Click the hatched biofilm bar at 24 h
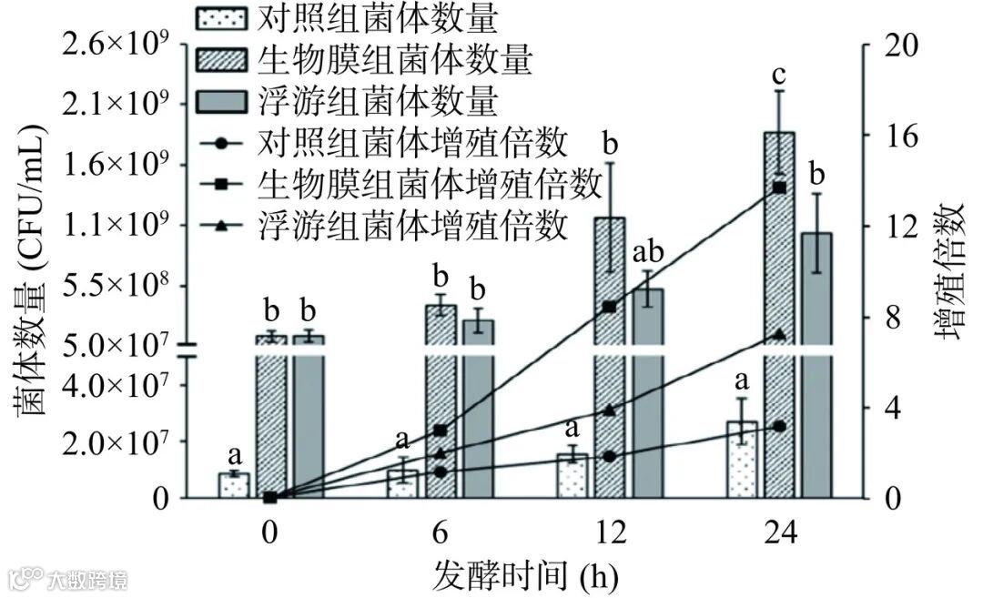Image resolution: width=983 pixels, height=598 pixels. coord(779,273)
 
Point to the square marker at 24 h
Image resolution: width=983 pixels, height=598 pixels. coord(779,188)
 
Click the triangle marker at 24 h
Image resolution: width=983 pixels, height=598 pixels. coord(779,334)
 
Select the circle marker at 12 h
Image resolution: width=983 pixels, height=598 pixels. coord(610,456)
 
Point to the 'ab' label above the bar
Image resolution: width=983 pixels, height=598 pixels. coord(647,251)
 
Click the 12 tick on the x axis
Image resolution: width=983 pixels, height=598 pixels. coord(611,533)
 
